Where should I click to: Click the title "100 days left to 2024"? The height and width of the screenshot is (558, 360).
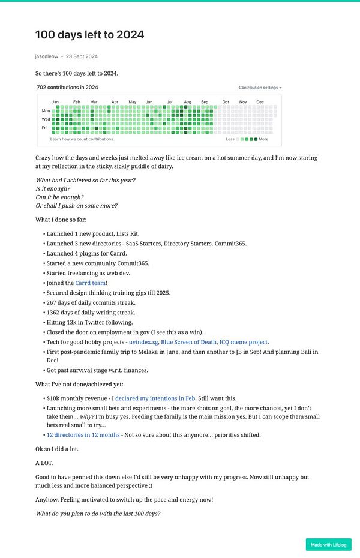click(x=89, y=35)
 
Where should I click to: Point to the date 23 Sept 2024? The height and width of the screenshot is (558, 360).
click(x=82, y=56)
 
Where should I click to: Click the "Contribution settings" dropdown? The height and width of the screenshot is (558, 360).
click(x=260, y=88)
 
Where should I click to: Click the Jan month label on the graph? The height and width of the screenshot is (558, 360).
click(x=55, y=102)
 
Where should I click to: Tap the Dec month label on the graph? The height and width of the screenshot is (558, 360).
click(x=260, y=102)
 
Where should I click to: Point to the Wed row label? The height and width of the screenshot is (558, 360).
click(x=46, y=119)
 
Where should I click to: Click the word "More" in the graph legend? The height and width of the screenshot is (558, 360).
click(x=263, y=139)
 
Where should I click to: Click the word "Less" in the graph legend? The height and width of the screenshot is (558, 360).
click(x=230, y=139)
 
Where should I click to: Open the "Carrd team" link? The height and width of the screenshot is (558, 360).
click(x=90, y=283)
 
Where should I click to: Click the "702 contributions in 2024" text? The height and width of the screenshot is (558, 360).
click(x=67, y=88)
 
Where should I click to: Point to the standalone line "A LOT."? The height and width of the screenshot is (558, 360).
click(x=45, y=463)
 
